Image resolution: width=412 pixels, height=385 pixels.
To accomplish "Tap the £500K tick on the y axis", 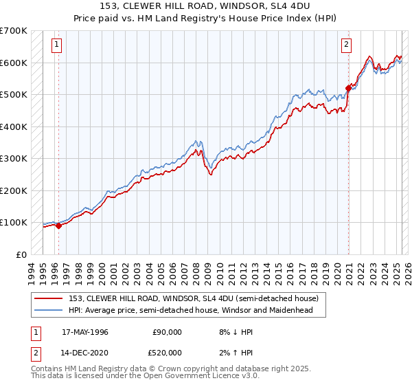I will (14, 95).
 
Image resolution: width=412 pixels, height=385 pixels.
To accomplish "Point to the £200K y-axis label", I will (14, 190).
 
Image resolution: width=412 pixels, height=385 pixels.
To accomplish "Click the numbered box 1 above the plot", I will (57, 45).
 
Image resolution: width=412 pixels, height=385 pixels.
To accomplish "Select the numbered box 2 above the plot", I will (347, 45).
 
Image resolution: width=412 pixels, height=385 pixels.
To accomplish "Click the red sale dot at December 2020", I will (348, 89).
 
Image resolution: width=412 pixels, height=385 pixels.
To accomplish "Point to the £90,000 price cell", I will (167, 331).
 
